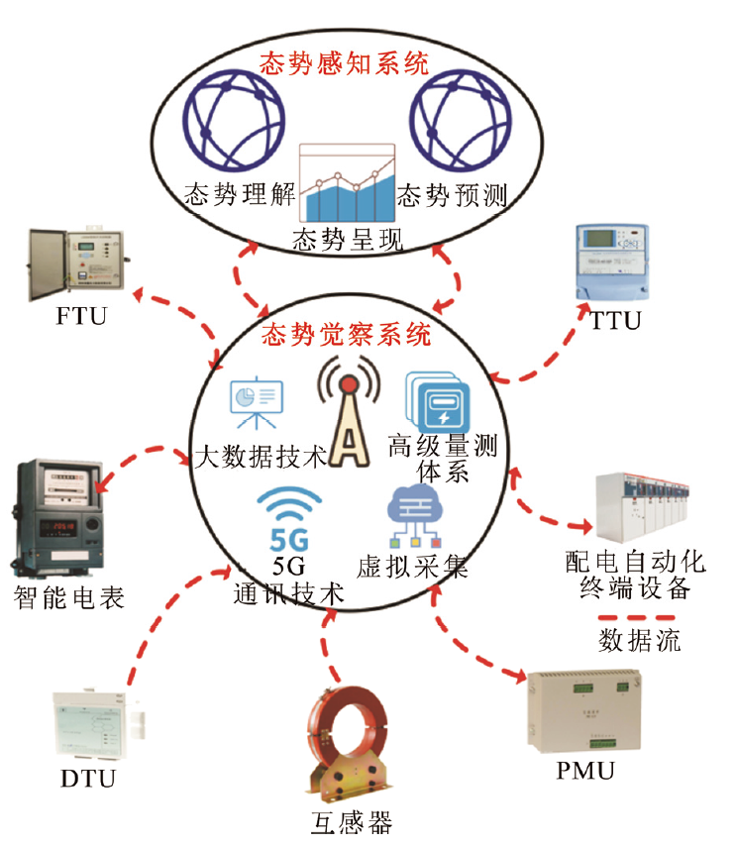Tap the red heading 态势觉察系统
[x=346, y=334]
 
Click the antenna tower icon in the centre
[x=346, y=416]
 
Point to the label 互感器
[x=346, y=823]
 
